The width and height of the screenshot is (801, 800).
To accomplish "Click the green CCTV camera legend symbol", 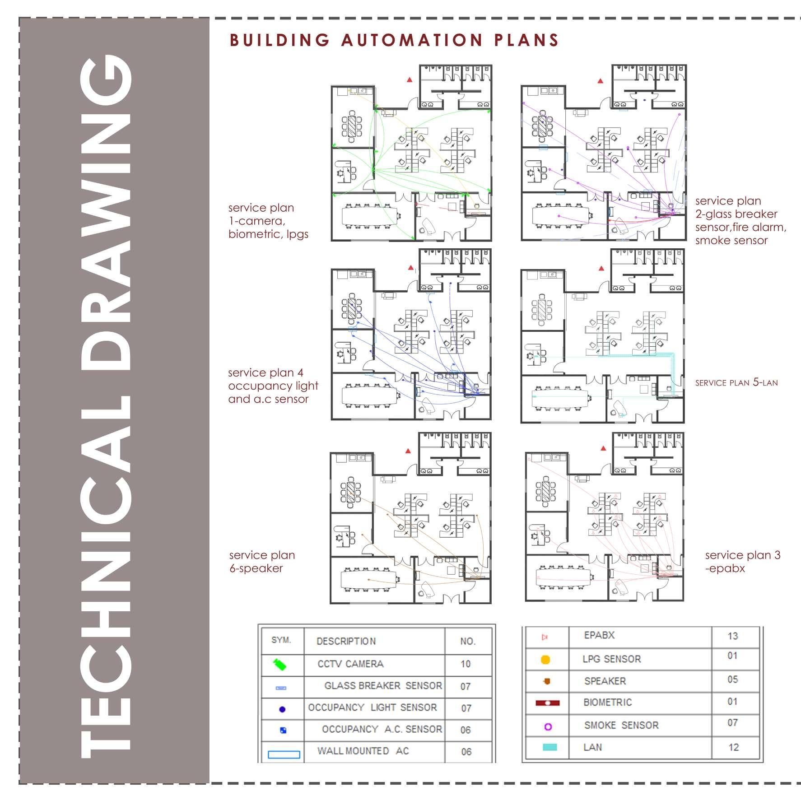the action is [x=280, y=664].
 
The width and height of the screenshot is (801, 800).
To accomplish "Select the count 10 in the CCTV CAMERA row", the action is [x=466, y=664].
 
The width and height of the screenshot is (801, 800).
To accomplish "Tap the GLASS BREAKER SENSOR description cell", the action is [x=383, y=686].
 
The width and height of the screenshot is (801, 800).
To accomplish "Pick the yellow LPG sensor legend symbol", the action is [x=545, y=660].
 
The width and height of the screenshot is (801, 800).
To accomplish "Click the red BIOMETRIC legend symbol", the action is [x=547, y=703].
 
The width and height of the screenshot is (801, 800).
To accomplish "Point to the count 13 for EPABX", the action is [x=732, y=636].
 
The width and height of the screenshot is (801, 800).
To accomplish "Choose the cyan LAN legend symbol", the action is [x=549, y=747].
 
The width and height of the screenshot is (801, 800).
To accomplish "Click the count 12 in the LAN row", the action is [x=733, y=747].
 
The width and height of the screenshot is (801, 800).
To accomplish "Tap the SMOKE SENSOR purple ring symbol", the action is [x=548, y=726].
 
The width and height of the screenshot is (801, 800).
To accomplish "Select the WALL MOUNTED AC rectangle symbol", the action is [x=284, y=754].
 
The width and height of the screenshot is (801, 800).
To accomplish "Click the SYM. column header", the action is [x=281, y=641].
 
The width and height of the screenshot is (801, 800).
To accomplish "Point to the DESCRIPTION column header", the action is [x=346, y=642].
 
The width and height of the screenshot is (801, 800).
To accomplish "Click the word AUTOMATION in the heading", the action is [x=412, y=40].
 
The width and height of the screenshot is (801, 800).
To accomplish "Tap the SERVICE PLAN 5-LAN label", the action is [x=736, y=382].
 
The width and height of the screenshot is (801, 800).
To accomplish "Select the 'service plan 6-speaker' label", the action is [x=262, y=562].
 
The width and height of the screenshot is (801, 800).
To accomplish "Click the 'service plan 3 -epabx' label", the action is [x=742, y=562].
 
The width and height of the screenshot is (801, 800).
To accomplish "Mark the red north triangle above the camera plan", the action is [x=410, y=80].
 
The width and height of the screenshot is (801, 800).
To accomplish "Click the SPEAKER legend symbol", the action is [x=547, y=681].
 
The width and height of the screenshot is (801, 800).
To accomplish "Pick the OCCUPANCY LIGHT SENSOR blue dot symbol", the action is [x=283, y=709].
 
